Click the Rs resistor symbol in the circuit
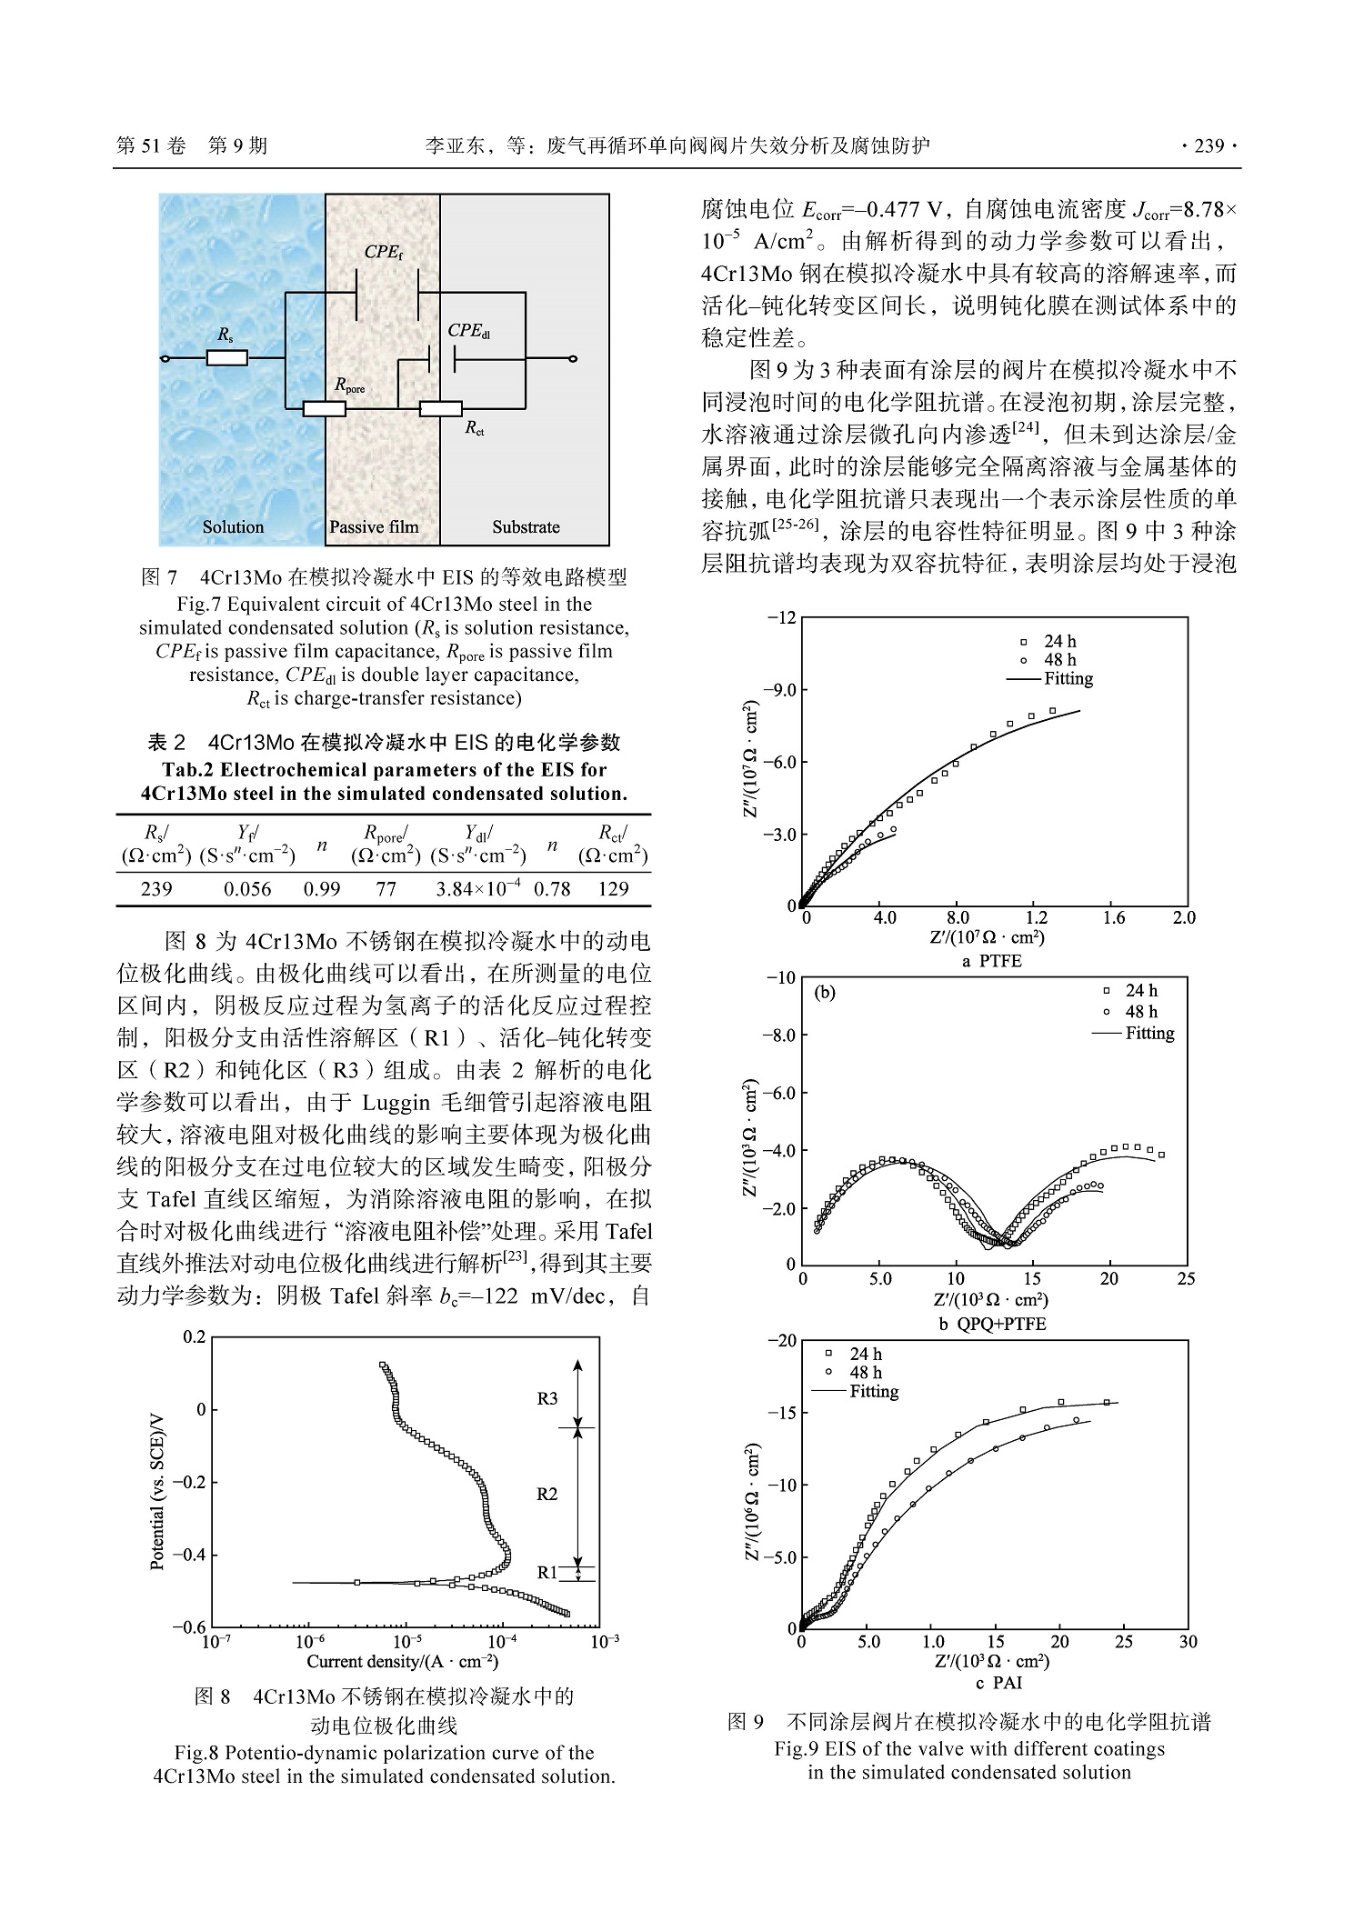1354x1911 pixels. tap(226, 358)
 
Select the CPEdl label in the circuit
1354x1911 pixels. tap(469, 331)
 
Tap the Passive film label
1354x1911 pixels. tap(374, 526)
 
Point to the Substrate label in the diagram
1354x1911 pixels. tap(526, 526)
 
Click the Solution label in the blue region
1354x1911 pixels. tap(233, 526)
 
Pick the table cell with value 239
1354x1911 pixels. tap(156, 888)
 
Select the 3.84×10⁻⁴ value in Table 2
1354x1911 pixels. tap(478, 888)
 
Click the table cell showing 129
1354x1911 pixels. tap(614, 888)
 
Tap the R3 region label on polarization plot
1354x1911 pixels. tap(547, 1398)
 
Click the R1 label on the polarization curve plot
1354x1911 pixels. tap(547, 1572)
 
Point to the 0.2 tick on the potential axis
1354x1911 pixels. tap(194, 1336)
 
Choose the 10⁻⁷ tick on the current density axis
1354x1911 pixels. tap(215, 1641)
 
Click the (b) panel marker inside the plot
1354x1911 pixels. tap(825, 993)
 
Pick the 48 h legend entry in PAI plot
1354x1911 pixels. tap(865, 1372)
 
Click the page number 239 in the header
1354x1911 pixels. tap(1209, 145)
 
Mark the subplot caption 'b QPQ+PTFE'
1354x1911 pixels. tap(992, 1324)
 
